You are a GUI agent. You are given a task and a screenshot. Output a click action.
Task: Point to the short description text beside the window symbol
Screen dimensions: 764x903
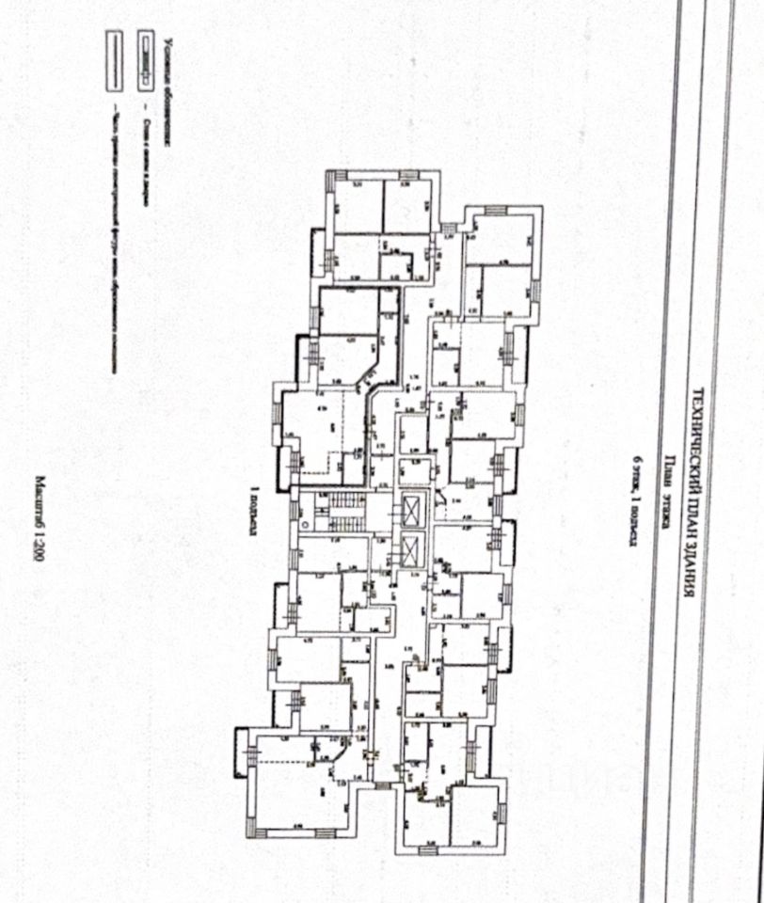click(144, 141)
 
